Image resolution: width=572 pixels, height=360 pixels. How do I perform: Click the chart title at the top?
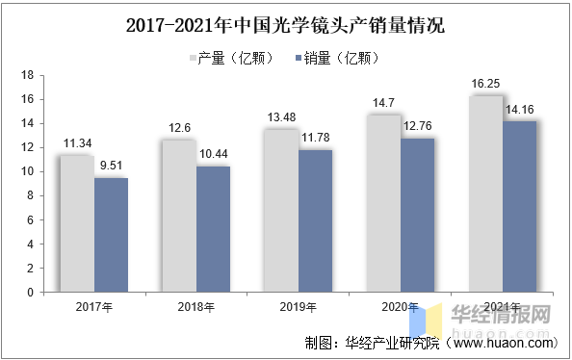click(285, 24)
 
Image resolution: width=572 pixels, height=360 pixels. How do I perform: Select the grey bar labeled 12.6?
click(178, 216)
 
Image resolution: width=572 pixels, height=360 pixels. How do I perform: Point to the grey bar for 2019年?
click(280, 211)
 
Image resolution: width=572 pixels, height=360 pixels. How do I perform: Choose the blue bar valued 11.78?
click(315, 220)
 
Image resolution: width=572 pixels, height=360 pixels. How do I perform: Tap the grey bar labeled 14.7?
click(383, 203)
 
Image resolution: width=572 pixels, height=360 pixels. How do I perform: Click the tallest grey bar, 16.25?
click(485, 193)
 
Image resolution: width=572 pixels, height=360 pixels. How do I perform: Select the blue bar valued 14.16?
click(520, 206)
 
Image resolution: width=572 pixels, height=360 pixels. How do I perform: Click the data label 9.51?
click(111, 166)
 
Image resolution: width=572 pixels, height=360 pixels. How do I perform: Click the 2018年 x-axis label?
click(196, 307)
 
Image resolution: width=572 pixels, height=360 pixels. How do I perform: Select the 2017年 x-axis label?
click(93, 307)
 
